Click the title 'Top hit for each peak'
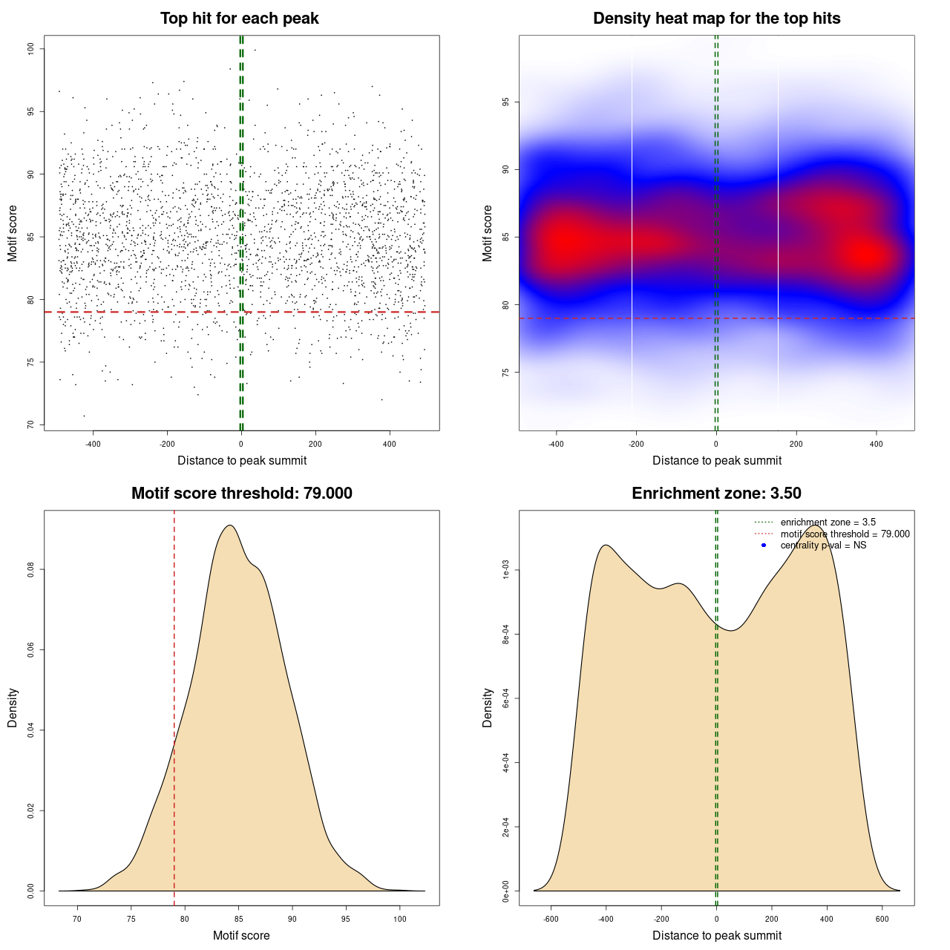point(239,19)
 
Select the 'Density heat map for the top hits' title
point(716,19)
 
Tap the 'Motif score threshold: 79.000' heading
point(241,494)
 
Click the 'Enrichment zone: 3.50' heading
point(716,494)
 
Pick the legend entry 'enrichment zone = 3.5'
point(828,522)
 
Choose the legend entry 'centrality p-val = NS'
point(823,546)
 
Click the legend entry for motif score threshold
point(845,534)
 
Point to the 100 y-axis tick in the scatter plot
point(30,49)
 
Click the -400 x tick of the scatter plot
point(93,445)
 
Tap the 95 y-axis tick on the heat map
point(505,102)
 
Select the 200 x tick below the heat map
point(796,445)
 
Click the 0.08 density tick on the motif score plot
point(30,569)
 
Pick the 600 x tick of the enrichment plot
point(882,920)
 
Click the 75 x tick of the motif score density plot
point(131,920)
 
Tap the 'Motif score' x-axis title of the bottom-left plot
point(241,936)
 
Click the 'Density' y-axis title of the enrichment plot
point(488,707)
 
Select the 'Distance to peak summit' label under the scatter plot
point(242,461)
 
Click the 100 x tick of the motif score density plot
point(400,920)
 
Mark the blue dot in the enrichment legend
point(764,546)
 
